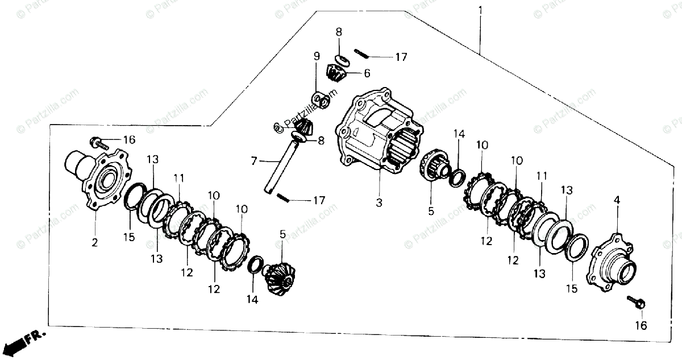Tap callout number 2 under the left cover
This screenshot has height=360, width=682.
tap(95, 243)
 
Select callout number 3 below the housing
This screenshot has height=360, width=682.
tap(379, 202)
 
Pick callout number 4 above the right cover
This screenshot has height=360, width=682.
tap(617, 200)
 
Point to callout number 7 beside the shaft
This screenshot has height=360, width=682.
tap(254, 162)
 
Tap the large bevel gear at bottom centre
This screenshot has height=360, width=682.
tap(281, 277)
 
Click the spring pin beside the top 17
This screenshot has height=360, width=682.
tap(361, 54)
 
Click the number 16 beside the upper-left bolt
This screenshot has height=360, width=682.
tap(130, 140)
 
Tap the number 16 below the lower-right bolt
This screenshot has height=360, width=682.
tap(641, 326)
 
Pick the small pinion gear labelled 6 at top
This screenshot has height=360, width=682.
tap(336, 73)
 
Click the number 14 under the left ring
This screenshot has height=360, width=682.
tap(252, 299)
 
